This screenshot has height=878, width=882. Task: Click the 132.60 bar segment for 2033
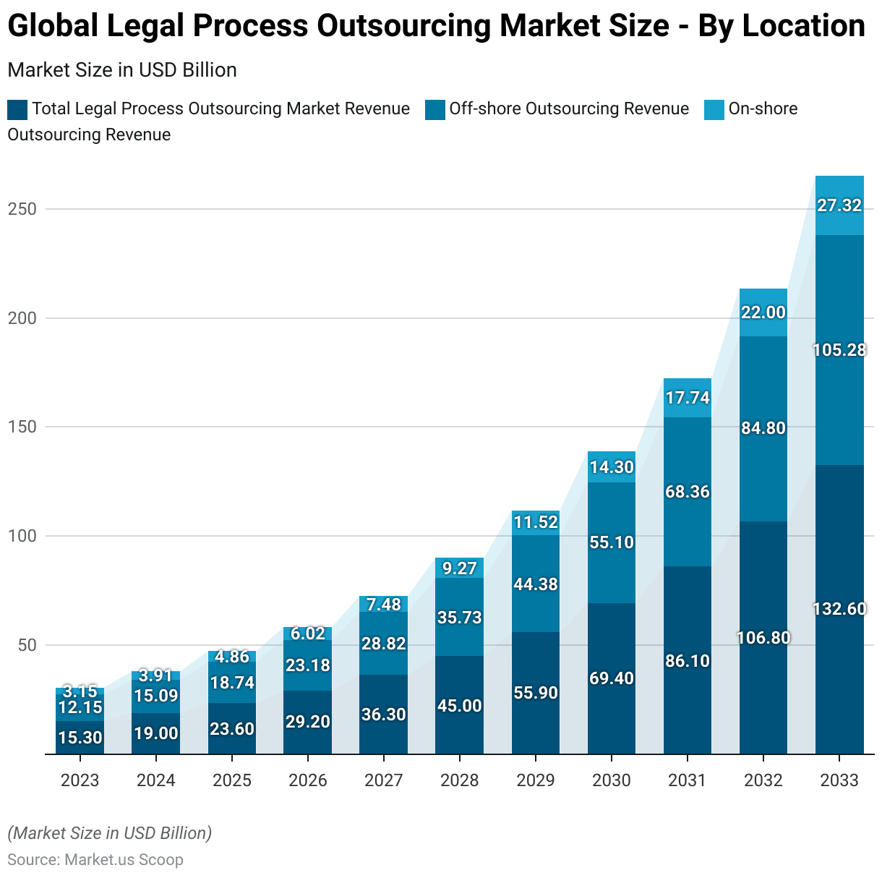[839, 609]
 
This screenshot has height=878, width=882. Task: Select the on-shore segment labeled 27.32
[839, 205]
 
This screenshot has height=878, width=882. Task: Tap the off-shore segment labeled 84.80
[763, 428]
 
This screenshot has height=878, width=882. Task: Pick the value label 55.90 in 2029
[536, 693]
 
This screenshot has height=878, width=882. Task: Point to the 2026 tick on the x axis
[308, 780]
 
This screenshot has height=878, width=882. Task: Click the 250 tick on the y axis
[22, 209]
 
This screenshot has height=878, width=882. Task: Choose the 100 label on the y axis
[22, 536]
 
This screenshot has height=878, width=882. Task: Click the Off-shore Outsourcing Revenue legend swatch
[435, 110]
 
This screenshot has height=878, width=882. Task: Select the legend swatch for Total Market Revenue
[17, 110]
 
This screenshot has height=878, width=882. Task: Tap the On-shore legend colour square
[714, 110]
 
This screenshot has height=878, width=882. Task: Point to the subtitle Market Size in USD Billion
[122, 70]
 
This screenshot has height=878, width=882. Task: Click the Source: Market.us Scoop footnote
[95, 860]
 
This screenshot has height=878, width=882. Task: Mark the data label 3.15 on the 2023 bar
[80, 691]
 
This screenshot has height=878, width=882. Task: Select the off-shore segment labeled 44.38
[536, 584]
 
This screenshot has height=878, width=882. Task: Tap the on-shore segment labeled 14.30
[612, 467]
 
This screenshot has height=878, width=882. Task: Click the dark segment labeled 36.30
[384, 715]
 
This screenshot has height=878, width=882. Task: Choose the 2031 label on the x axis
[688, 780]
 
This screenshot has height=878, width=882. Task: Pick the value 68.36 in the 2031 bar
[688, 492]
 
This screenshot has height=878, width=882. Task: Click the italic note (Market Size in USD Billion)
[110, 833]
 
